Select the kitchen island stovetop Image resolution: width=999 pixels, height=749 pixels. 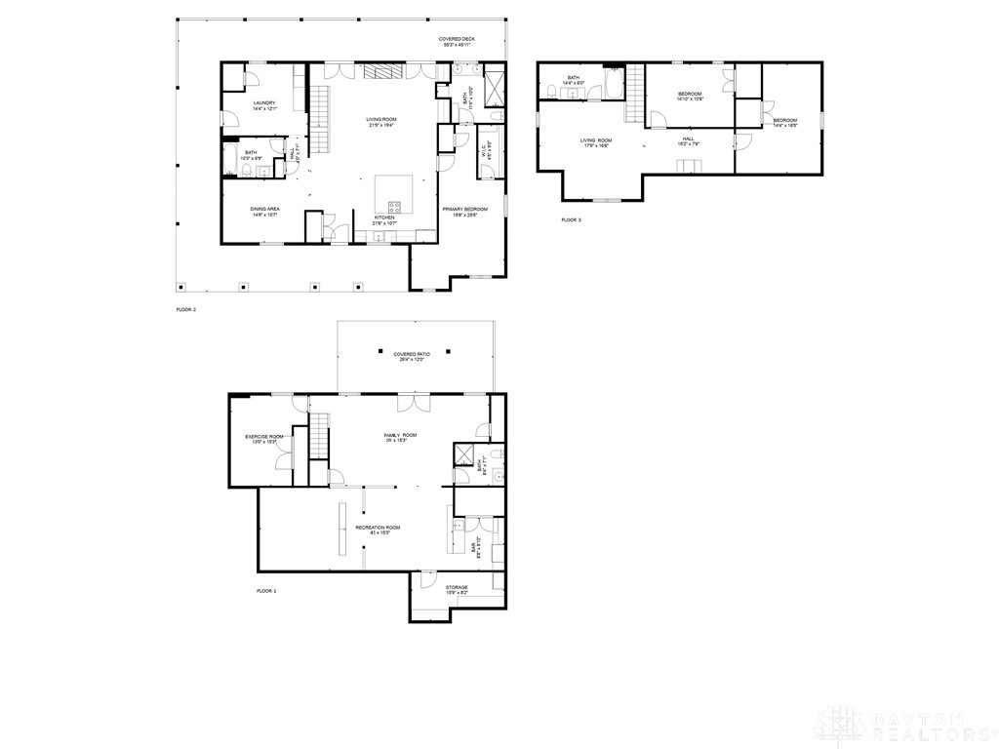(x=396, y=206)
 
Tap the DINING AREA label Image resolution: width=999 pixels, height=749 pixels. (x=264, y=211)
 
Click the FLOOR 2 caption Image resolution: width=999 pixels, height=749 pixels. (x=185, y=309)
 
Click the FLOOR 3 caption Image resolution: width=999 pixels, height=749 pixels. (x=571, y=220)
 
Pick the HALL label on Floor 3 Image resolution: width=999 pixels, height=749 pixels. (x=688, y=140)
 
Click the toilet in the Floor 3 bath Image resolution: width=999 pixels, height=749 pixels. (x=553, y=93)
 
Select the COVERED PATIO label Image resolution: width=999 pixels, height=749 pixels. (x=412, y=356)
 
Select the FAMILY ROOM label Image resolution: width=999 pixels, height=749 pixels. (x=400, y=436)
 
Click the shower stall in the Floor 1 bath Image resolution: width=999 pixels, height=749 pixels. (x=463, y=456)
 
